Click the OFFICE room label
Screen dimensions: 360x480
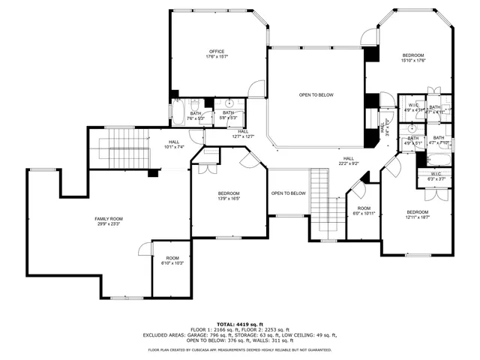[217, 54]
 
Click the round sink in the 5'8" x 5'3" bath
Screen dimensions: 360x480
[229, 103]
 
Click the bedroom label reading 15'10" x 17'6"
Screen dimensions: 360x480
[413, 58]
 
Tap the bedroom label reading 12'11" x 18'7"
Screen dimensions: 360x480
[417, 214]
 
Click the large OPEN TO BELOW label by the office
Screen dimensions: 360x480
[316, 95]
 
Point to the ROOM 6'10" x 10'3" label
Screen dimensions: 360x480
[172, 260]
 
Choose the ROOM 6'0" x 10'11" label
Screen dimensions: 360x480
[364, 211]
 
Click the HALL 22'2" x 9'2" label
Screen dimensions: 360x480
[348, 160]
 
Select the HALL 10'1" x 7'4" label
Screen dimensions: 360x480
[174, 144]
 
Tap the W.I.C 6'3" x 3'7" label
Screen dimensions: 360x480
[436, 176]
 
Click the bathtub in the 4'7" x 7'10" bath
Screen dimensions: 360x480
[439, 159]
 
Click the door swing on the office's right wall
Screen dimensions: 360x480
[257, 88]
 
